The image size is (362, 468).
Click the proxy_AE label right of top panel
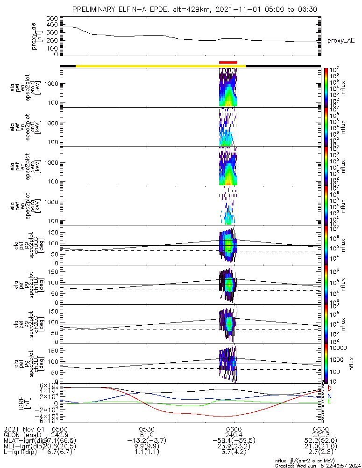pyautogui.click(x=341, y=41)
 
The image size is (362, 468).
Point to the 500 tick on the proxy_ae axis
pyautogui.click(x=52, y=18)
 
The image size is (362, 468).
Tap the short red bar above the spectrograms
pyautogui.click(x=228, y=62)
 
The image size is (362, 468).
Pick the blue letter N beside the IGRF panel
pyautogui.click(x=329, y=395)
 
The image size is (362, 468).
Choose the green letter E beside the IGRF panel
pyautogui.click(x=329, y=402)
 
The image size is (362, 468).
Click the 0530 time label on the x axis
pyautogui.click(x=147, y=429)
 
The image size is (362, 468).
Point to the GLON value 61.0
pyautogui.click(x=147, y=435)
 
